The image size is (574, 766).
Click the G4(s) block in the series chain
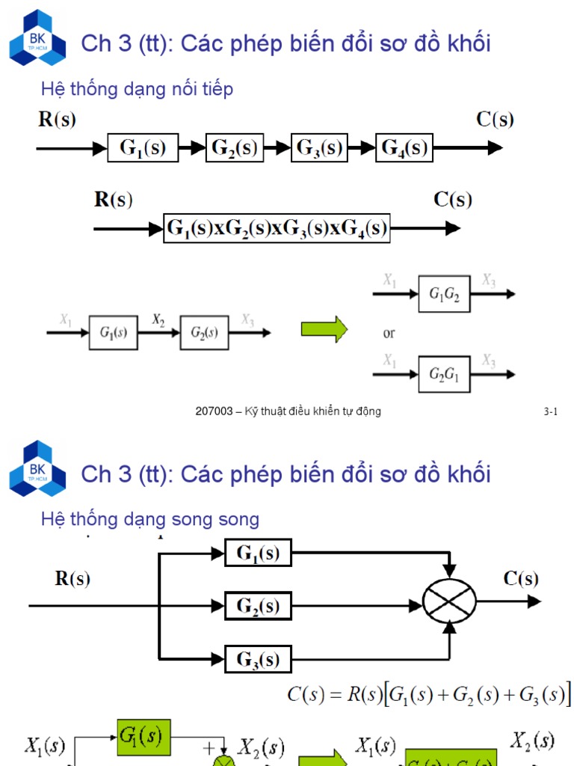(x=404, y=148)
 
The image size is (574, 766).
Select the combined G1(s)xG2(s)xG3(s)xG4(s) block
(x=277, y=228)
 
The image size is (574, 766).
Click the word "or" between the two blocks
(x=389, y=334)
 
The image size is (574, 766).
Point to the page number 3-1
(x=551, y=411)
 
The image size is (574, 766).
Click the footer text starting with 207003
(x=288, y=411)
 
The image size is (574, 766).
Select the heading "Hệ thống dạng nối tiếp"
(x=137, y=89)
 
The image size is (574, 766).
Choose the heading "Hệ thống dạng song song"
(x=150, y=519)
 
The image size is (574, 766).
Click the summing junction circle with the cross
(x=449, y=601)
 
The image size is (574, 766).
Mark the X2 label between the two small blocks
(x=158, y=319)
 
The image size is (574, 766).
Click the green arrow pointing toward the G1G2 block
(x=324, y=329)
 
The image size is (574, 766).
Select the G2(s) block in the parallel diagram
(x=258, y=605)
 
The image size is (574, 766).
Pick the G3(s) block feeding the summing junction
(x=258, y=659)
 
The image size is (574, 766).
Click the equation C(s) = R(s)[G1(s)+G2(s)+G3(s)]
(x=429, y=694)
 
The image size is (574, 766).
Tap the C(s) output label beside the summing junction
(x=520, y=578)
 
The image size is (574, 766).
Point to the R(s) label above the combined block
(x=113, y=200)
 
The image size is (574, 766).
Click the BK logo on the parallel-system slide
(x=37, y=468)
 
